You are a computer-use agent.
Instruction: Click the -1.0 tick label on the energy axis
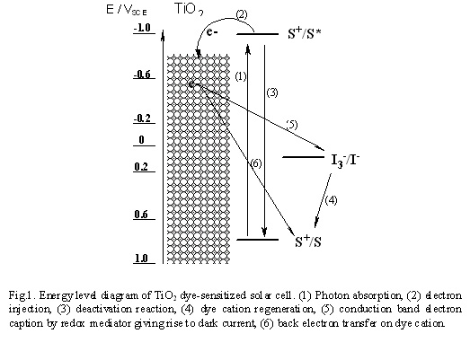(x=143, y=28)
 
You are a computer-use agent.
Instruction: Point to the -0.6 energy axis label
(x=143, y=75)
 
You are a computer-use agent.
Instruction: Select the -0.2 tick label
(x=143, y=119)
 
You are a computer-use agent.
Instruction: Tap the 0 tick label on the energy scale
(x=141, y=140)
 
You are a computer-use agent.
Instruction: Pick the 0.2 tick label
(x=141, y=167)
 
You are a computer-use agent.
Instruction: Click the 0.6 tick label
(x=141, y=215)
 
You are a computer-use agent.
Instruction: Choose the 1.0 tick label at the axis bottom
(x=141, y=259)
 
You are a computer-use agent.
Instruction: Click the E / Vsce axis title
(x=127, y=10)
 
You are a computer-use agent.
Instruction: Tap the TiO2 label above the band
(x=189, y=9)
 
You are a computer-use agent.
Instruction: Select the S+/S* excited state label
(x=305, y=33)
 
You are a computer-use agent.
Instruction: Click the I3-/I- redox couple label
(x=345, y=160)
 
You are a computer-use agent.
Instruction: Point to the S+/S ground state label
(x=308, y=241)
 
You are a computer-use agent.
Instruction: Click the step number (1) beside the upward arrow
(x=241, y=76)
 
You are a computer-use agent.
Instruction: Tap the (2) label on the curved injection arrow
(x=242, y=14)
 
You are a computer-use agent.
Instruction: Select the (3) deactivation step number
(x=272, y=92)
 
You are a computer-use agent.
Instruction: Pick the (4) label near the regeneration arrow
(x=332, y=200)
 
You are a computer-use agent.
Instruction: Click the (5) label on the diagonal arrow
(x=292, y=125)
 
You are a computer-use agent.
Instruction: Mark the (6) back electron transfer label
(x=256, y=163)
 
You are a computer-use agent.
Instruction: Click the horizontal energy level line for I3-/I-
(x=304, y=157)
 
